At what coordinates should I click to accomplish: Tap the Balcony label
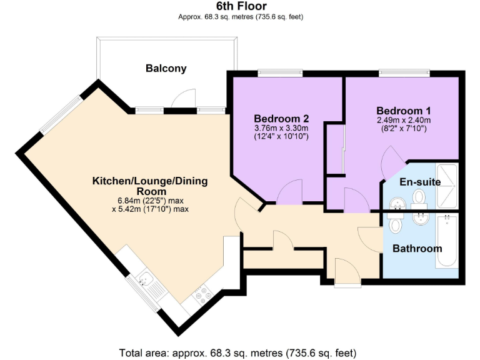[x=166, y=68]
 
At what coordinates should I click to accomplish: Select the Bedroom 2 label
[x=281, y=118]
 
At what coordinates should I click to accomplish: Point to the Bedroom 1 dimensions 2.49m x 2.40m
[x=403, y=120]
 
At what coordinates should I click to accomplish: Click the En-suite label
[x=420, y=182]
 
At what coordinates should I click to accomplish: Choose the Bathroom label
[x=417, y=248]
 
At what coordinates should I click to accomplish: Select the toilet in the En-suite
[x=419, y=199]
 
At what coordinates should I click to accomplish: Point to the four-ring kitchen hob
[x=203, y=294]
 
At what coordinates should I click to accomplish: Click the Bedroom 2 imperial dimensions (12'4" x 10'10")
[x=281, y=136]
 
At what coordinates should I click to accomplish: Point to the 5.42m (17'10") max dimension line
[x=150, y=209]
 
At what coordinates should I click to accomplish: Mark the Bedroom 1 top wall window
[x=403, y=72]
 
